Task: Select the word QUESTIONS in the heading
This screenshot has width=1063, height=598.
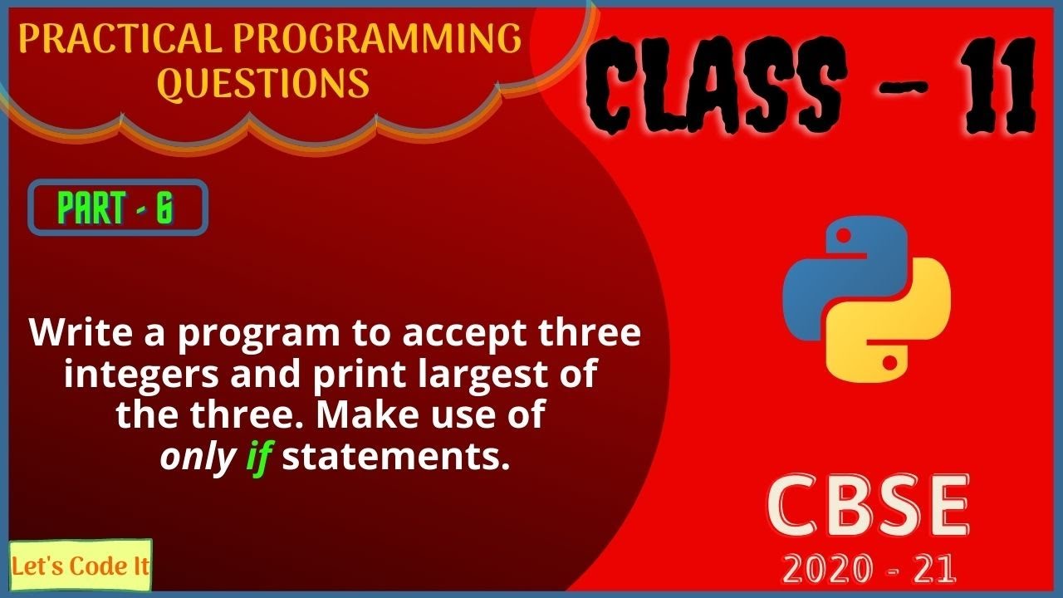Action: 263,83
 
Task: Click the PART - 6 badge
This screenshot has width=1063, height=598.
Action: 117,208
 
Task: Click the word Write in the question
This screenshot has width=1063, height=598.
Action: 79,334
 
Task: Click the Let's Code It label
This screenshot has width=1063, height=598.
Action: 81,566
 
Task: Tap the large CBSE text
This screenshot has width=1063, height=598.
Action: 867,506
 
